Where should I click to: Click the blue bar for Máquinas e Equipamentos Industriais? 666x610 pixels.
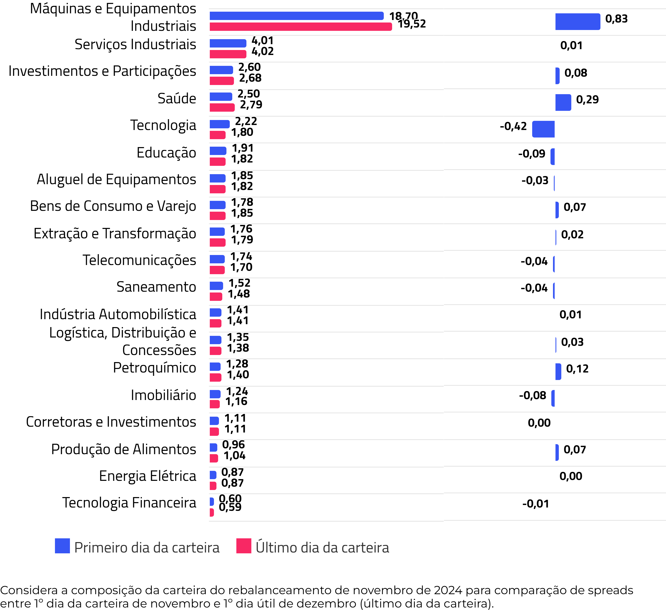296,16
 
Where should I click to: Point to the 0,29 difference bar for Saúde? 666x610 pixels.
563,102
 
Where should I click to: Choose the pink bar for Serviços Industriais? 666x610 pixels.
228,54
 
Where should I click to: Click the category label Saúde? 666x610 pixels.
177,99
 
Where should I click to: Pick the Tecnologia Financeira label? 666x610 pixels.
129,502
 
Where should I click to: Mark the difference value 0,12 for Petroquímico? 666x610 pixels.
577,369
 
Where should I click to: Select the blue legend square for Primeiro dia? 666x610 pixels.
62,546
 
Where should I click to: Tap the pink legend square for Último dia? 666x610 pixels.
244,546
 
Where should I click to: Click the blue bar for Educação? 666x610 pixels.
218,151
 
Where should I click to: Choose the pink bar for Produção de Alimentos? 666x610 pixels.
214,458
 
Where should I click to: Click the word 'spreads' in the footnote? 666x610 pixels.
613,590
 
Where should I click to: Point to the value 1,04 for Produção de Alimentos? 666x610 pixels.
235,456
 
